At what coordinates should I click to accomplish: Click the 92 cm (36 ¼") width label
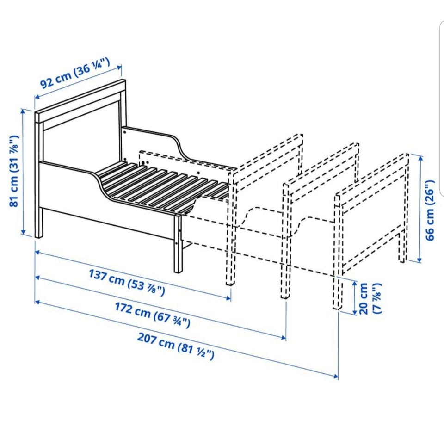pyautogui.click(x=75, y=74)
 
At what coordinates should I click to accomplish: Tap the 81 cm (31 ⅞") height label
pyautogui.click(x=14, y=171)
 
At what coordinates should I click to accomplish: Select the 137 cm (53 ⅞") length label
pyautogui.click(x=127, y=282)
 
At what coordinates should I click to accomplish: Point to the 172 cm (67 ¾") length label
pyautogui.click(x=152, y=315)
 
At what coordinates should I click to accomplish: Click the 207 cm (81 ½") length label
pyautogui.click(x=176, y=346)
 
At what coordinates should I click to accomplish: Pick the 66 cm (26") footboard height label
pyautogui.click(x=430, y=210)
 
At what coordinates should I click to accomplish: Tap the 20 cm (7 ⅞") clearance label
pyautogui.click(x=370, y=298)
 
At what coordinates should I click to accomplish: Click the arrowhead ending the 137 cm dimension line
pyautogui.click(x=229, y=297)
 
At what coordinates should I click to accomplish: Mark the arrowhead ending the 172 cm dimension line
pyautogui.click(x=284, y=337)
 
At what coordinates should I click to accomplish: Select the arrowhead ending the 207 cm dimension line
pyautogui.click(x=336, y=377)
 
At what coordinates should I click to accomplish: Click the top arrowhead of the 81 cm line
pyautogui.click(x=23, y=111)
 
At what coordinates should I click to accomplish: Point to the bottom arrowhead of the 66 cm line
pyautogui.click(x=419, y=260)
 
